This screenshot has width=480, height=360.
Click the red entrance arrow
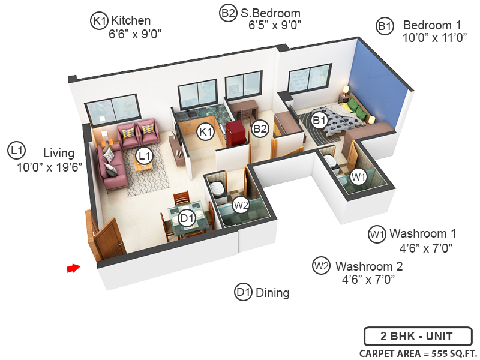pyautogui.click(x=73, y=268)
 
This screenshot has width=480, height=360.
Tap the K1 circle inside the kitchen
pyautogui.click(x=206, y=131)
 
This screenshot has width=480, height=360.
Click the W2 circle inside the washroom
pyautogui.click(x=241, y=205)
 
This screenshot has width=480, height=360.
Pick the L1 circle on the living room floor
pyautogui.click(x=143, y=156)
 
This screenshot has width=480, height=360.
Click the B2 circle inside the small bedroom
pyautogui.click(x=259, y=128)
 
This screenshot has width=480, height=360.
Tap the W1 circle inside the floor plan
pyautogui.click(x=359, y=177)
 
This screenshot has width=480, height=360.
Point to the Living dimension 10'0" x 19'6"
pyautogui.click(x=50, y=166)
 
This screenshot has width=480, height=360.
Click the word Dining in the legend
pyautogui.click(x=272, y=293)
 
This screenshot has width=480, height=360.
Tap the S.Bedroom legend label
pyautogui.click(x=271, y=13)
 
